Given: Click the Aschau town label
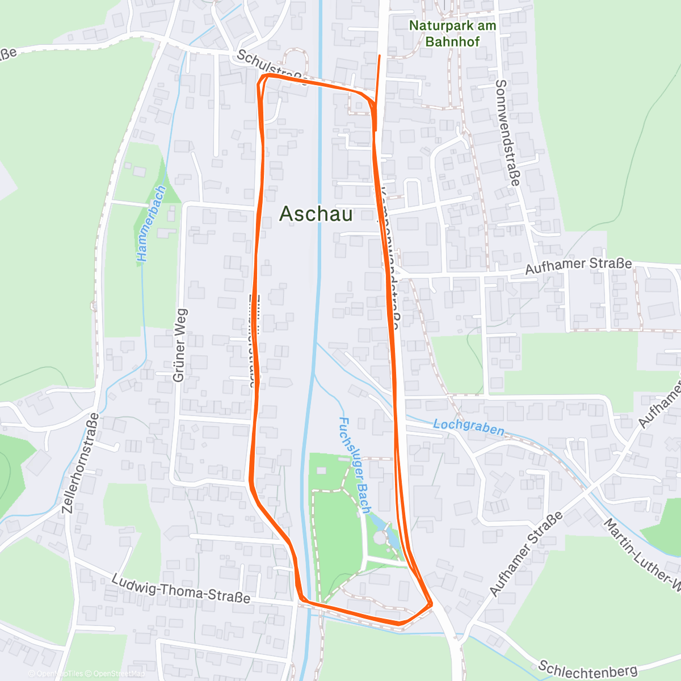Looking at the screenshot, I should tap(316, 214).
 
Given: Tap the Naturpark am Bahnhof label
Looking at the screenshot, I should tap(452, 33).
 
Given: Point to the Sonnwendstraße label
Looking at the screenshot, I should tap(507, 132).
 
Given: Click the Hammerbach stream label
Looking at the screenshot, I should tap(151, 224).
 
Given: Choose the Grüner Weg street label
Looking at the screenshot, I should tap(179, 345).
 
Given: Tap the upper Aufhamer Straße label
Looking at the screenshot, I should tap(578, 266).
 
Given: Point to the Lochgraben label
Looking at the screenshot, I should tap(468, 427).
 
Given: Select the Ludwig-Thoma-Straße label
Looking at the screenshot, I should tap(180, 589).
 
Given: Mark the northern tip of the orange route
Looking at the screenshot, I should tap(379, 56).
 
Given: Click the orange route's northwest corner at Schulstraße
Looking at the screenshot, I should tap(263, 76).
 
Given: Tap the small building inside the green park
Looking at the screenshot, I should tap(322, 471).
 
